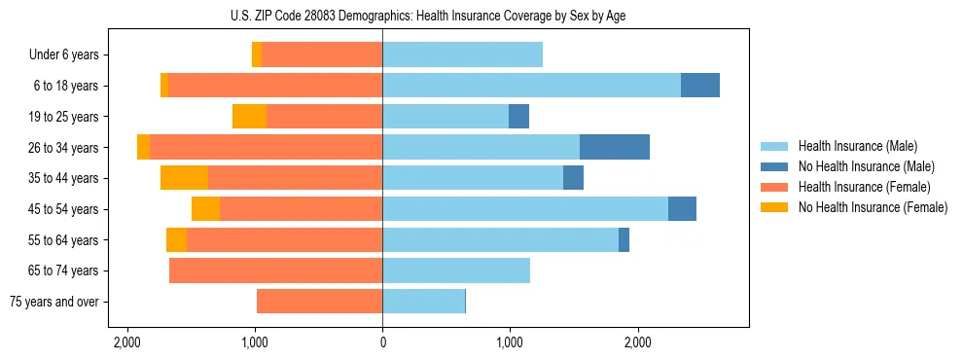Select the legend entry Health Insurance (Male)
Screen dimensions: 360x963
(x=857, y=146)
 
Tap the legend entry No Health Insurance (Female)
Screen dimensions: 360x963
(x=873, y=207)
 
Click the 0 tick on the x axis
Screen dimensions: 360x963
(x=382, y=342)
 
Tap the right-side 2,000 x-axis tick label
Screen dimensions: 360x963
(x=638, y=342)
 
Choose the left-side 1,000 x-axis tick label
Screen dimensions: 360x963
(x=255, y=342)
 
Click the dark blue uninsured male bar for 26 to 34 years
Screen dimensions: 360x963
(x=615, y=147)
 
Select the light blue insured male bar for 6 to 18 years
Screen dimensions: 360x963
(x=531, y=86)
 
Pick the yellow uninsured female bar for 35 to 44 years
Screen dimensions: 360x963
(x=184, y=178)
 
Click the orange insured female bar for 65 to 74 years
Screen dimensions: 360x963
(x=275, y=270)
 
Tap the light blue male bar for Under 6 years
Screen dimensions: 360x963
(x=462, y=54)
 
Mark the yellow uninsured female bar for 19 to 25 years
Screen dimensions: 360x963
(x=249, y=117)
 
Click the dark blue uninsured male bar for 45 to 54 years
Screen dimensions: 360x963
(x=682, y=209)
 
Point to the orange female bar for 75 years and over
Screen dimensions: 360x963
(x=319, y=302)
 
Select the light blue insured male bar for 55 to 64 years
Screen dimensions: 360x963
(x=500, y=240)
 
